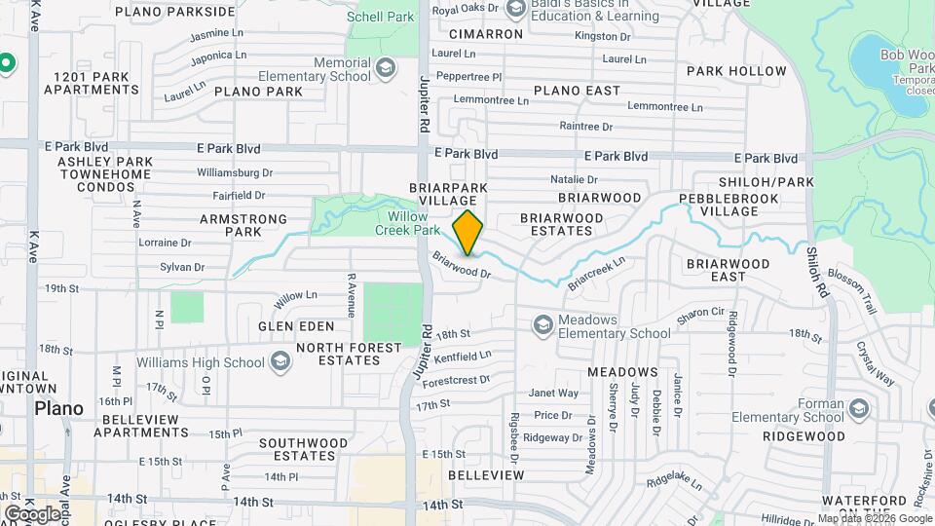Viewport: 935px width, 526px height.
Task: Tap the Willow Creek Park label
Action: (x=407, y=223)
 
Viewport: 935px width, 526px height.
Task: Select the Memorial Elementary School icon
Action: (x=386, y=67)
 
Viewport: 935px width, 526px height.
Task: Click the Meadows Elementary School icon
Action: (x=542, y=324)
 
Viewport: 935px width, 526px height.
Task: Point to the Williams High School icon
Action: (x=280, y=362)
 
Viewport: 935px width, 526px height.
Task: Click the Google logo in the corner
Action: (x=32, y=513)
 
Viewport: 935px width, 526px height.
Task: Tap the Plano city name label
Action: (x=58, y=407)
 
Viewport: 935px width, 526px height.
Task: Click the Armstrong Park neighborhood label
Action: (x=230, y=225)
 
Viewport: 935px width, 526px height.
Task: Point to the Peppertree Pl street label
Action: (x=468, y=76)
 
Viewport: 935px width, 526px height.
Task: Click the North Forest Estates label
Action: (x=349, y=354)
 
